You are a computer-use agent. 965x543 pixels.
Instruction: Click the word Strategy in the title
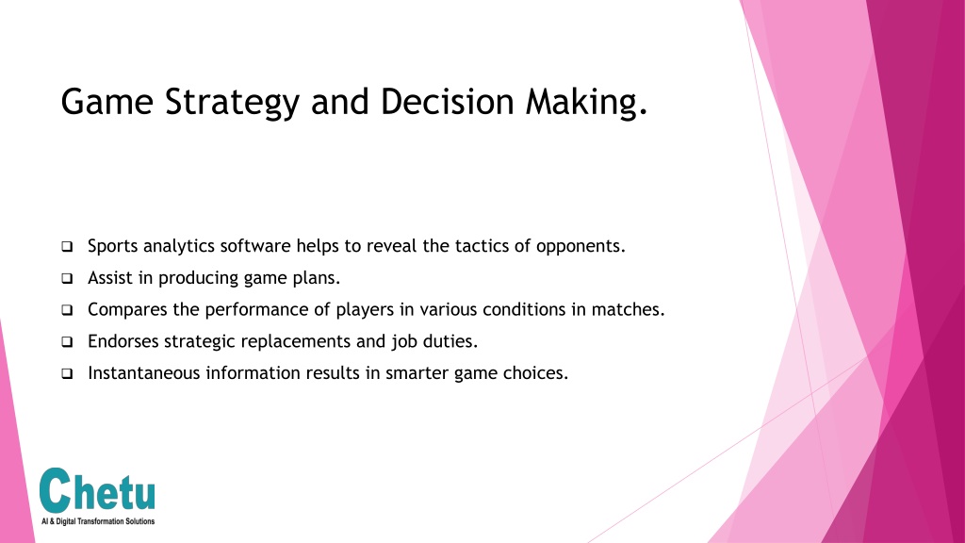click(x=232, y=103)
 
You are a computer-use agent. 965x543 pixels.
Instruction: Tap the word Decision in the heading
click(x=448, y=101)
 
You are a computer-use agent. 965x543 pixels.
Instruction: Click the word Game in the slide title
click(x=107, y=102)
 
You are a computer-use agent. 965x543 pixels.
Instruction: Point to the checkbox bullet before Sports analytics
click(x=67, y=246)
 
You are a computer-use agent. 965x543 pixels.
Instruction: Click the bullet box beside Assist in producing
click(x=67, y=278)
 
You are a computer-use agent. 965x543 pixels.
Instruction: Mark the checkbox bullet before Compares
click(x=67, y=309)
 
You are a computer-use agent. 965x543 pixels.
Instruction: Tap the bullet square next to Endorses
click(x=67, y=341)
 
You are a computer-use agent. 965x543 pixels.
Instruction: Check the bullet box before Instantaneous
click(x=67, y=373)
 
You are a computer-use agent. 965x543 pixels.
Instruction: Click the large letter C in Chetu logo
click(x=56, y=490)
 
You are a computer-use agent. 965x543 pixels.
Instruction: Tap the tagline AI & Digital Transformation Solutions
click(x=98, y=521)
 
